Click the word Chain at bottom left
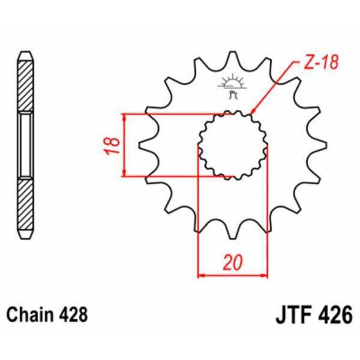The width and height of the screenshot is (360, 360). tap(25, 314)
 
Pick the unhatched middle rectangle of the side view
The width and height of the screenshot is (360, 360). tap(25, 144)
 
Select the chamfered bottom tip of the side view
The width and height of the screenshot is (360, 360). tap(25, 232)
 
